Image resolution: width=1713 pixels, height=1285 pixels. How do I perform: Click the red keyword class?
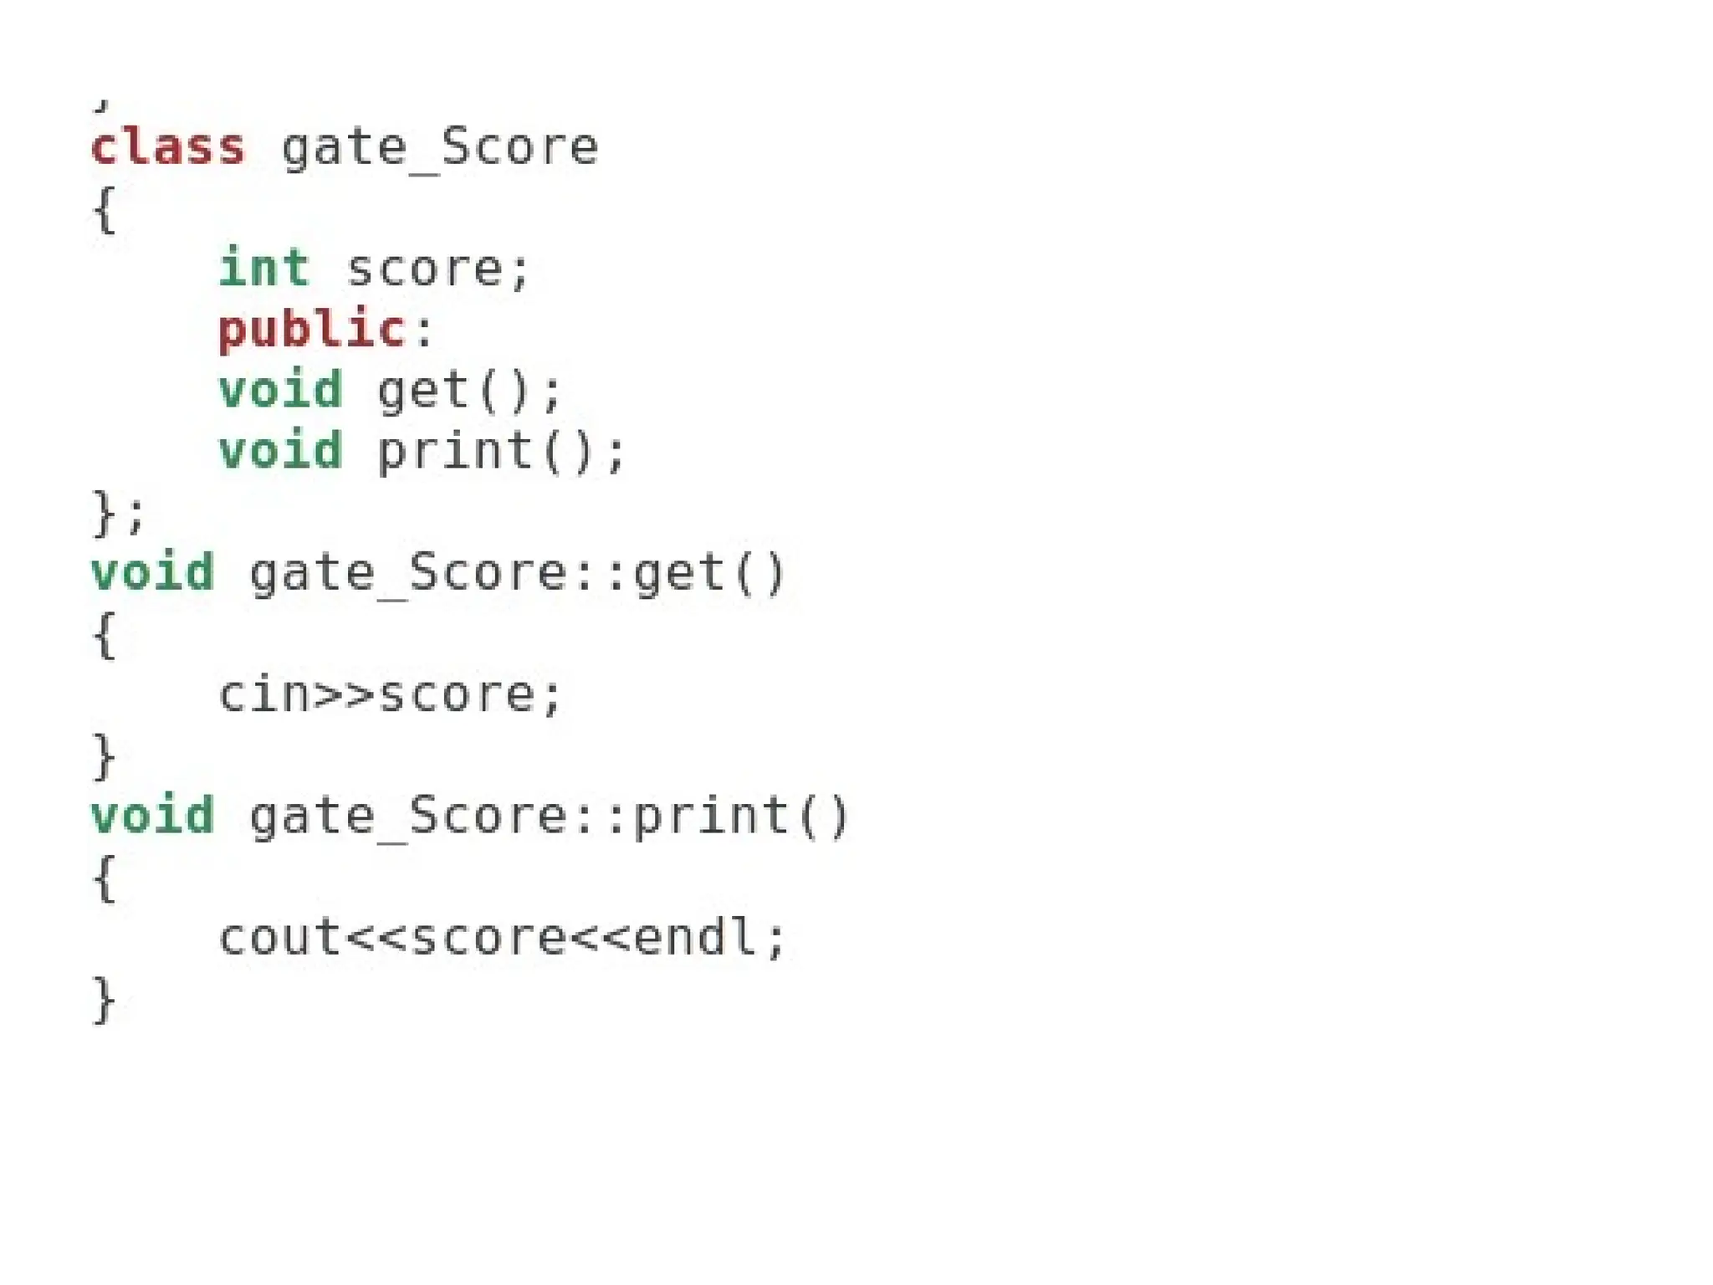click(167, 148)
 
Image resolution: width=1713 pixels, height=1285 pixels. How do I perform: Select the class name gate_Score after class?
click(440, 148)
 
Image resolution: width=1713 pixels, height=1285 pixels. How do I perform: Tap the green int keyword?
click(264, 269)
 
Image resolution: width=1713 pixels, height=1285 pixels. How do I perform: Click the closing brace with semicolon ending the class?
click(117, 512)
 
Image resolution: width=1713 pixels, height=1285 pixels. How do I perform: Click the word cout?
click(280, 938)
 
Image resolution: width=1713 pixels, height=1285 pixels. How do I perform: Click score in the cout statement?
click(488, 938)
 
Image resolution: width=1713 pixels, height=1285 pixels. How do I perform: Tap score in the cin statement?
click(457, 695)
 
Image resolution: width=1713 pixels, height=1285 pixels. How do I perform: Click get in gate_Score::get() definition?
click(678, 574)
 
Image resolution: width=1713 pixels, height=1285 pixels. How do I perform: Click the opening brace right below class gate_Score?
click(104, 209)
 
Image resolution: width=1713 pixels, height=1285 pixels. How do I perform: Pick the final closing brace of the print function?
click(104, 999)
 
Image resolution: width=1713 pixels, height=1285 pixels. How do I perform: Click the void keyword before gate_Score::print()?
click(153, 817)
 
